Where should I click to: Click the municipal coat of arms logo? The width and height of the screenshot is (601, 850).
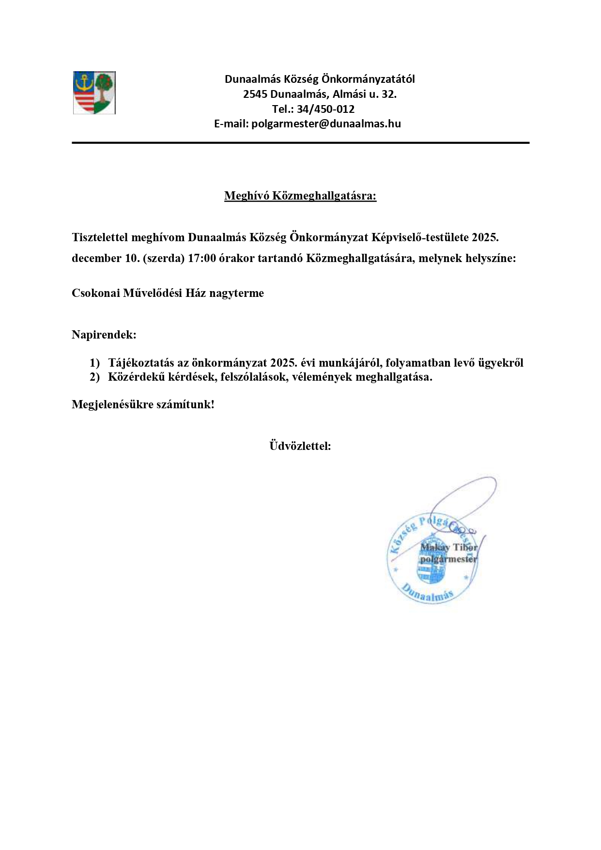[x=94, y=93]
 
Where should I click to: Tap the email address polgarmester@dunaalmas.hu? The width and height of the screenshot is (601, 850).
[x=326, y=124]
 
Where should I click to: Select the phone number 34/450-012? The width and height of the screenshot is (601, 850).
[x=325, y=109]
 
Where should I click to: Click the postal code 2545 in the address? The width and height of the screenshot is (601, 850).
[x=255, y=94]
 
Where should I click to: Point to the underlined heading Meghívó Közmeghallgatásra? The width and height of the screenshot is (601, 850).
[x=300, y=196]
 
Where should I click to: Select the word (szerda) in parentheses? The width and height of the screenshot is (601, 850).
[x=164, y=258]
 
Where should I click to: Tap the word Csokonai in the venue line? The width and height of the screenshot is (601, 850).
[x=96, y=293]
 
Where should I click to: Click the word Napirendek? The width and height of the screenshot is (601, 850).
[x=104, y=335]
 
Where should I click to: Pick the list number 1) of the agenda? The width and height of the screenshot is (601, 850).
[x=94, y=363]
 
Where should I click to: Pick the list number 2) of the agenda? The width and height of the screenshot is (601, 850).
[x=94, y=377]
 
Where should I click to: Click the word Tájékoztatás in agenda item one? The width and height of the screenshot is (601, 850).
[x=141, y=363]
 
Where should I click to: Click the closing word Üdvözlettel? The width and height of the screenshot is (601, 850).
[x=300, y=446]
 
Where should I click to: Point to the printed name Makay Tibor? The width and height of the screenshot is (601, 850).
[x=448, y=547]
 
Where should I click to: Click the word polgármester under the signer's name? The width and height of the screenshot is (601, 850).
[x=448, y=559]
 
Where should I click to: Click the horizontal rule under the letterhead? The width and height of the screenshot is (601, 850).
[x=300, y=143]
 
